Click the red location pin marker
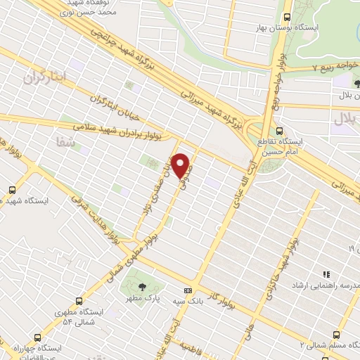181,166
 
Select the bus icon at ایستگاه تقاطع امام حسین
281,131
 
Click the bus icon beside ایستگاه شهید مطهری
12,189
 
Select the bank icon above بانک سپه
188,290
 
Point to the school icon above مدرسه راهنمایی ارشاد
326,274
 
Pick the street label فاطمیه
191,347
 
